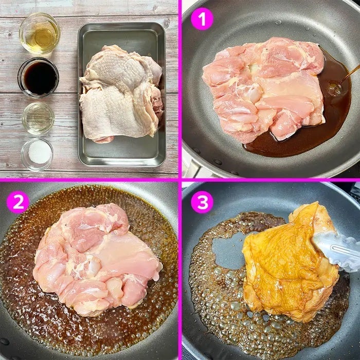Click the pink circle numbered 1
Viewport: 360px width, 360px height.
[x=202, y=19]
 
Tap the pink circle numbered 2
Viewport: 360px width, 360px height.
[x=18, y=202]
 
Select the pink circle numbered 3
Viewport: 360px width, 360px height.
[x=202, y=202]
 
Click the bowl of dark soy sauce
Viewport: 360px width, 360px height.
[x=39, y=77]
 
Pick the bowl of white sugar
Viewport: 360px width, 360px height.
[x=37, y=154]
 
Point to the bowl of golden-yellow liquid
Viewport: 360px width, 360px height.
[x=40, y=33]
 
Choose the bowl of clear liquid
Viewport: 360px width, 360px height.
[x=38, y=118]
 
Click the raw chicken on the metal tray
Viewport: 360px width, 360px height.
[x=121, y=94]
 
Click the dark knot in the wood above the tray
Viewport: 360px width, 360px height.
[x=166, y=23]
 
